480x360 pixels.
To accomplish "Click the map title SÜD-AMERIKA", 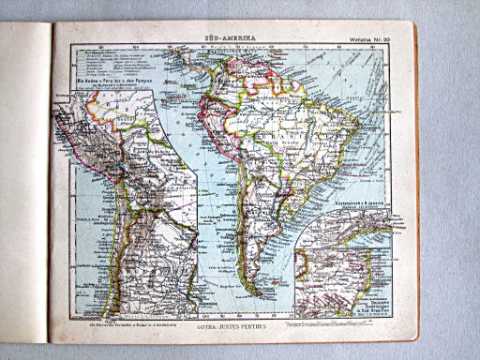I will (x=231, y=35).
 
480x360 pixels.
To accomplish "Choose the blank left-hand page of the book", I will (x=23, y=187).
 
